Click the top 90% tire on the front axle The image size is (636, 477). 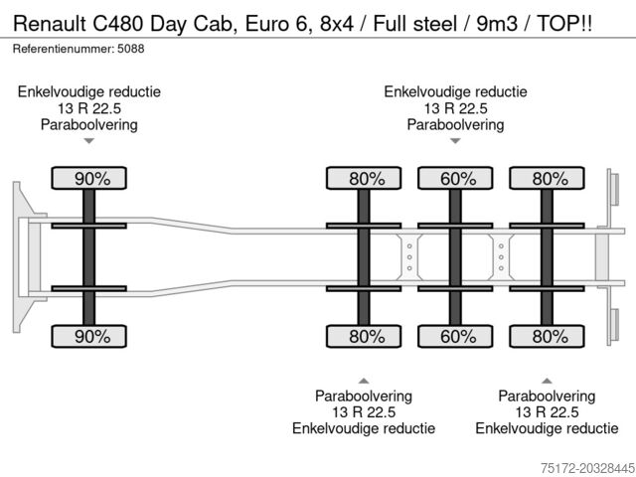(89, 179)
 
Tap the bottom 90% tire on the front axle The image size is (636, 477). (89, 336)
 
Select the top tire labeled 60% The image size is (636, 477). (455, 179)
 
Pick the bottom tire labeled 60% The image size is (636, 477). (455, 336)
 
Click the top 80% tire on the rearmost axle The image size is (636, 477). (546, 179)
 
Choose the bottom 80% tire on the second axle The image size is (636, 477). (365, 336)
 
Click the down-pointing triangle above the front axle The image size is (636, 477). (89, 141)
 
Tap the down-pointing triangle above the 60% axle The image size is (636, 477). (455, 141)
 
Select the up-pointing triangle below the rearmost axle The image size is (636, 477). (546, 380)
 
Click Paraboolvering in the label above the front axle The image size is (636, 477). (89, 125)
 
